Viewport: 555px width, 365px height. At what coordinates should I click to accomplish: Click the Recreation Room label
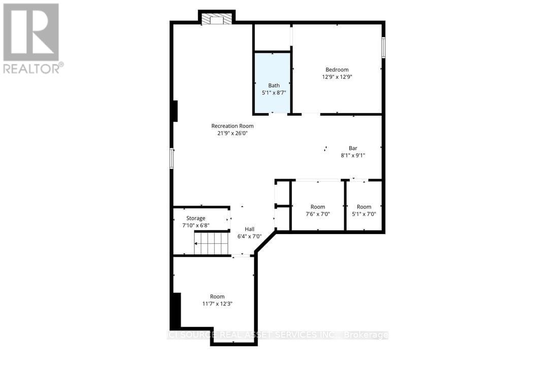(x=232, y=126)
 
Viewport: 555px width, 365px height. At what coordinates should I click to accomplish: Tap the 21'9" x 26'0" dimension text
(x=232, y=134)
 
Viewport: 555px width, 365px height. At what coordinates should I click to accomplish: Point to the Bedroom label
(x=337, y=70)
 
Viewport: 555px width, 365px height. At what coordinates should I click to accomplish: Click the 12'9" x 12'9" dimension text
(x=337, y=77)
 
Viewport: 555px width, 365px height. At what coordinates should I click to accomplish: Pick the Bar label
(x=352, y=148)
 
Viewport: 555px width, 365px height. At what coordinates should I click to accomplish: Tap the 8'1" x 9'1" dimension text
(x=352, y=156)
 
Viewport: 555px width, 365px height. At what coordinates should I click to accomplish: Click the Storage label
(x=195, y=218)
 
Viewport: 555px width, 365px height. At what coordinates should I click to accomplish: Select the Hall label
(x=249, y=229)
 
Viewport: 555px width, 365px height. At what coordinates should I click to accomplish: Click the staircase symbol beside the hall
(x=211, y=243)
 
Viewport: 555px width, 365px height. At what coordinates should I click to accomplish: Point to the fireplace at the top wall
(x=217, y=19)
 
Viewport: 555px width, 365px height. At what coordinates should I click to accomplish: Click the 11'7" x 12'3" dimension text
(x=217, y=304)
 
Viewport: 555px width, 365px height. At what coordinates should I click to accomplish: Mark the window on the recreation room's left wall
(x=172, y=158)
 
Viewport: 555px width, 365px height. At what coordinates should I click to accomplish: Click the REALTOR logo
(x=31, y=39)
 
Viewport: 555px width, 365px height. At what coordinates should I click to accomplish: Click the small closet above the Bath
(x=272, y=37)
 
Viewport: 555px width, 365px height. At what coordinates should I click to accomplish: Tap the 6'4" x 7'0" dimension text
(x=249, y=237)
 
